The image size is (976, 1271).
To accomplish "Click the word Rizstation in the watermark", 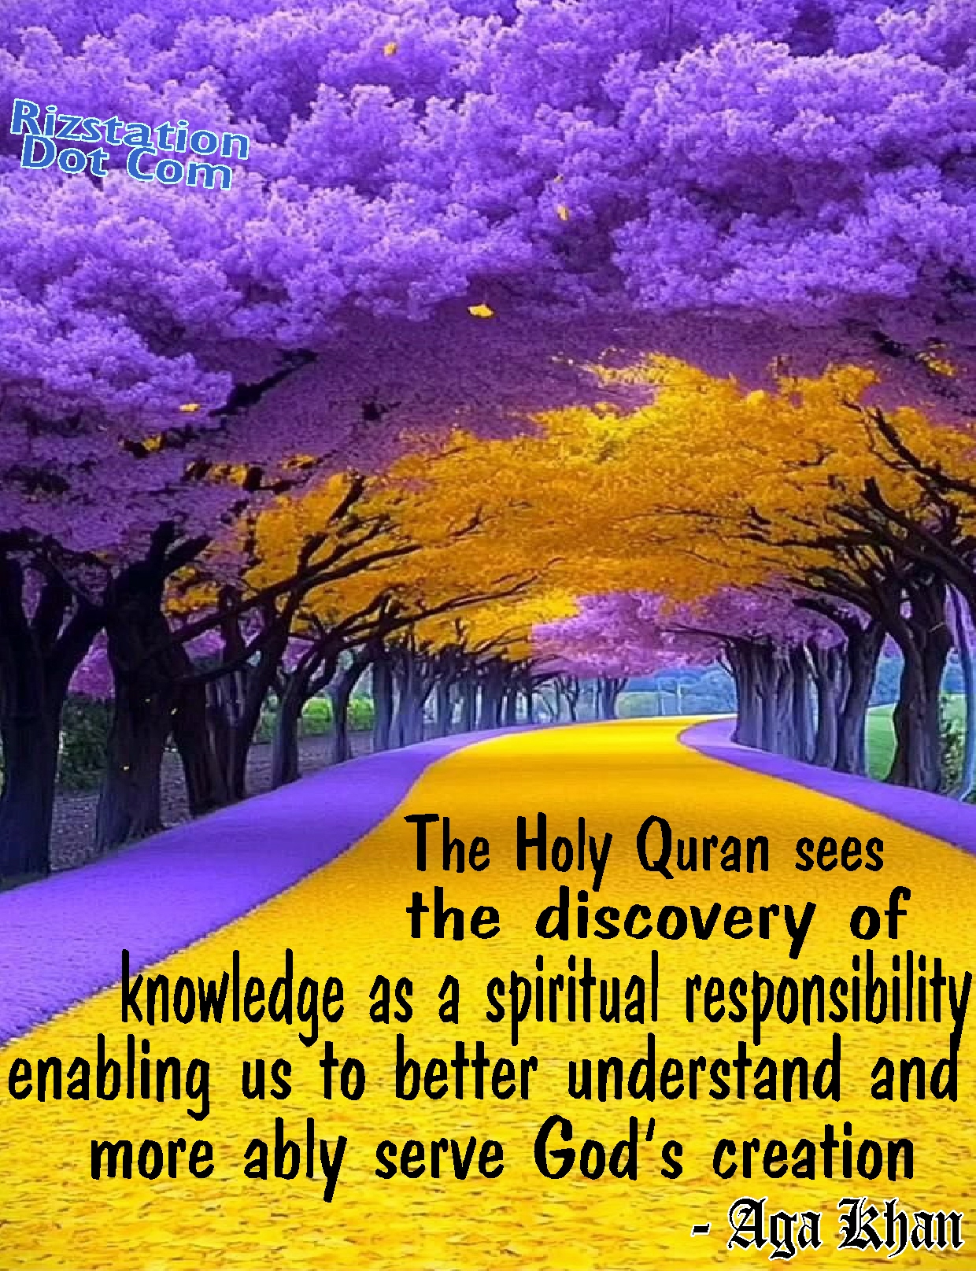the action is tap(130, 129).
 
